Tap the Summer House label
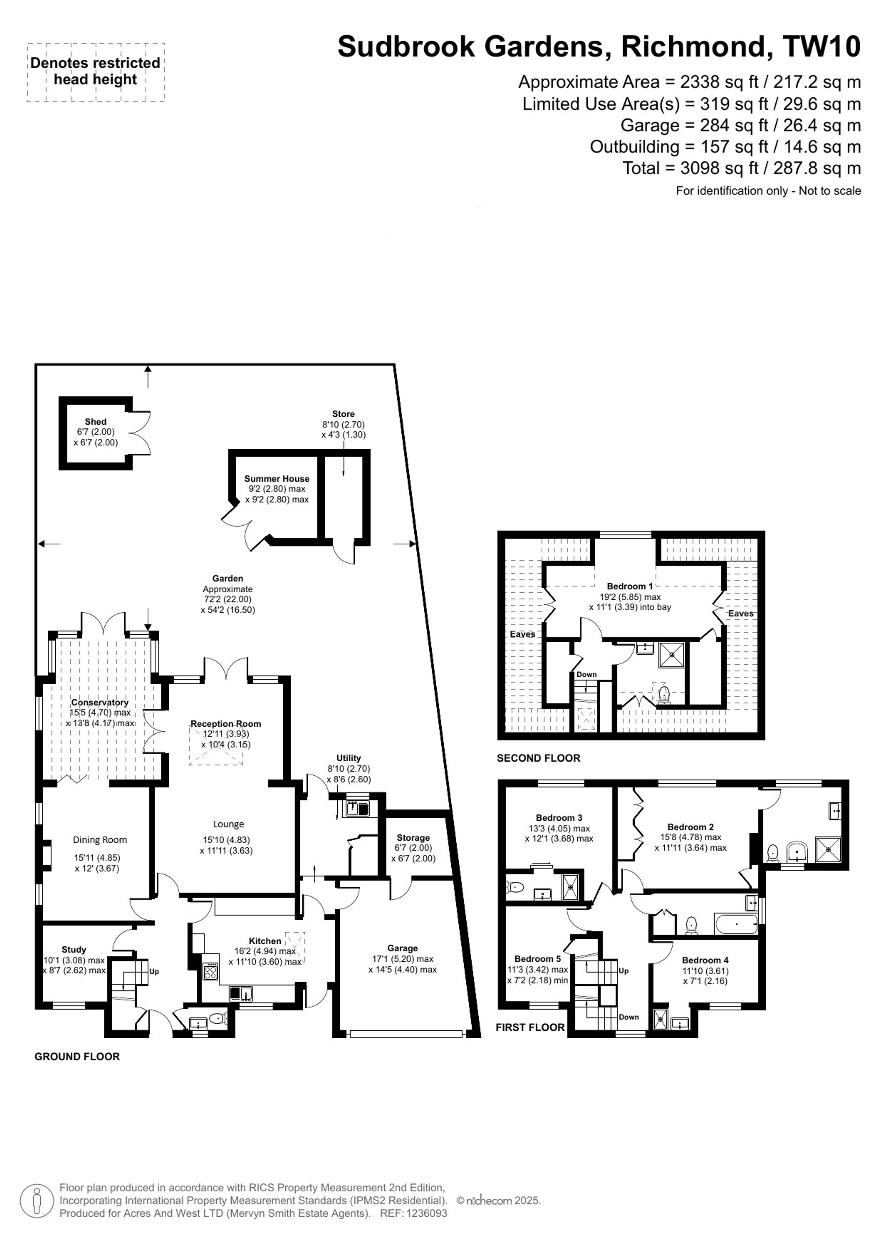point(277,479)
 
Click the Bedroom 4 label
point(705,960)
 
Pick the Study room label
point(73,949)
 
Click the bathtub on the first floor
point(736,924)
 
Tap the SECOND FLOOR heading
point(538,758)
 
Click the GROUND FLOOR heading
point(77,1056)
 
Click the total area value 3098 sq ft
point(719,168)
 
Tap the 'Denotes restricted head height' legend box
point(96,72)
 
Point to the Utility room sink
point(358,810)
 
